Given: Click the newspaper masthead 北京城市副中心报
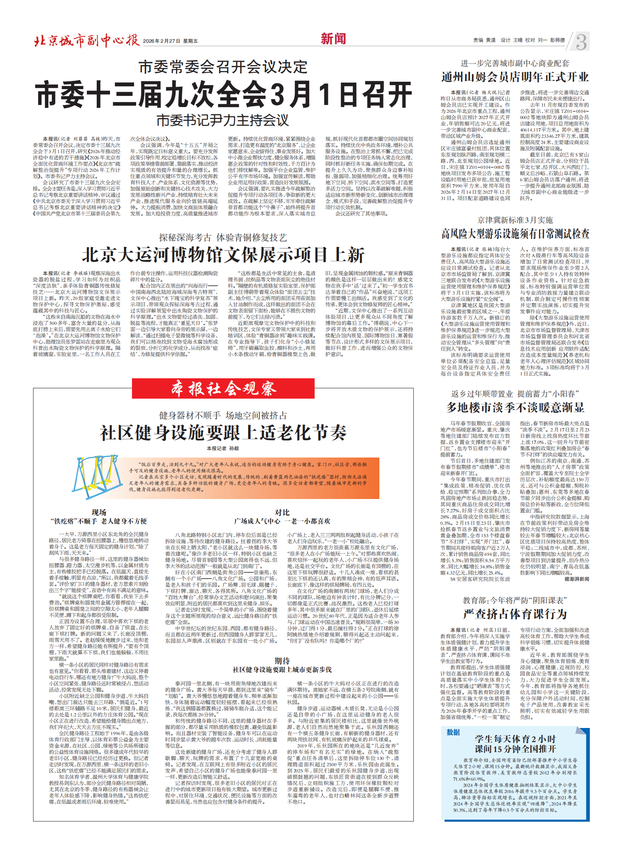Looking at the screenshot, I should coord(87,41).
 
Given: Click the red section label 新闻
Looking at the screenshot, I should coord(333,39).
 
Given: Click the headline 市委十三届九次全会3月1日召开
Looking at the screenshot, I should coord(224,95).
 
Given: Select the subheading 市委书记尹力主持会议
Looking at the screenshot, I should coord(222,120).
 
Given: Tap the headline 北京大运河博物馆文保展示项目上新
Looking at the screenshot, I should coord(223,254).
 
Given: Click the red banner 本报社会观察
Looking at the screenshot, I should coord(223,389).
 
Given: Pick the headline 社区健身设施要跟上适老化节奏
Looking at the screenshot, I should coord(223,433).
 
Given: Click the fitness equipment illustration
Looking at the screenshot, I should coord(97,477).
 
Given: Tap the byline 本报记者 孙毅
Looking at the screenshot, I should coord(223,448).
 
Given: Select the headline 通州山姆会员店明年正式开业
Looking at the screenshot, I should coord(515,77).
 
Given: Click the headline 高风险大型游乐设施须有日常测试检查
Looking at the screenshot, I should coord(515,234).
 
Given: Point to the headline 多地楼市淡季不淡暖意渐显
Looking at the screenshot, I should coord(515,407).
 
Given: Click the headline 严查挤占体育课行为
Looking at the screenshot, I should coord(515,614).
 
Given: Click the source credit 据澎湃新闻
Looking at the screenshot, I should coord(577,579).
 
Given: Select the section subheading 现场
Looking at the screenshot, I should coord(99,512).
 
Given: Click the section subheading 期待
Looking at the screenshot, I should coord(282,661).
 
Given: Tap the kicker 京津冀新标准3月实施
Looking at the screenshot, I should coord(515,220).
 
